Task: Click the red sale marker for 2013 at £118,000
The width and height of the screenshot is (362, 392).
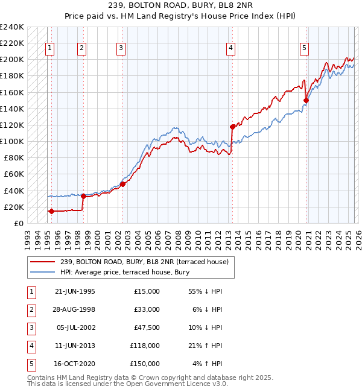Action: pyautogui.click(x=232, y=127)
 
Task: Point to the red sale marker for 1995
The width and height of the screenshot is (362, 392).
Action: pyautogui.click(x=51, y=211)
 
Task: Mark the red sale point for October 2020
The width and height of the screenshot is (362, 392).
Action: pyautogui.click(x=306, y=101)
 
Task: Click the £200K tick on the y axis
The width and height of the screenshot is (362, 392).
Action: pyautogui.click(x=11, y=60)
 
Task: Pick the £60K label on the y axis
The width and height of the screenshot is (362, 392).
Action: pyautogui.click(x=13, y=174)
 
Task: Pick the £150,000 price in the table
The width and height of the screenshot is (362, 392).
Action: pyautogui.click(x=145, y=364)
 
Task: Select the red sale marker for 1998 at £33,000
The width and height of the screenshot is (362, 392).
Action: pyautogui.click(x=83, y=196)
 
